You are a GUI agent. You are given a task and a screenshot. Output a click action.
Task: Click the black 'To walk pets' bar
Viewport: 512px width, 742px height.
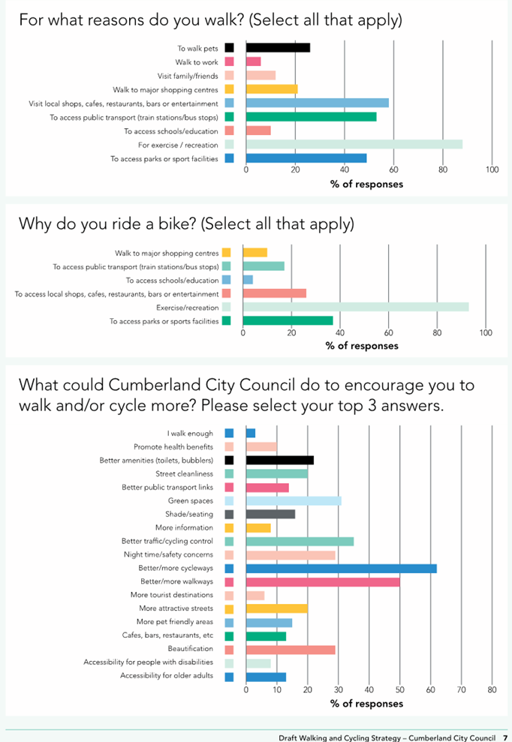point(278,48)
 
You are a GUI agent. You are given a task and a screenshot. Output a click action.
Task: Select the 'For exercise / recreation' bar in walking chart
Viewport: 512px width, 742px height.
point(354,144)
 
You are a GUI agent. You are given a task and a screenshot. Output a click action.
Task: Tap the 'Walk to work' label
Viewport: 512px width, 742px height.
point(197,62)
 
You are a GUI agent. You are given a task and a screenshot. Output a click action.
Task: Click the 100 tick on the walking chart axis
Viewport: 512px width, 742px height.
point(492,170)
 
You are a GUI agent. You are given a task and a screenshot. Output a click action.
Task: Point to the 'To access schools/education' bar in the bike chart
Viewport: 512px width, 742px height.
point(248,280)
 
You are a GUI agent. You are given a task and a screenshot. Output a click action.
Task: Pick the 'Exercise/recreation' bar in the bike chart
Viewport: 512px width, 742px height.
point(356,307)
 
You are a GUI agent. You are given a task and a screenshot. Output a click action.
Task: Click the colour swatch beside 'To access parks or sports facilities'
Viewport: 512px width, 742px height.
point(227,321)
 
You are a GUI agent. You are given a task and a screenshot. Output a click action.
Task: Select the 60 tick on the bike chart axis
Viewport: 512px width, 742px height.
point(388,332)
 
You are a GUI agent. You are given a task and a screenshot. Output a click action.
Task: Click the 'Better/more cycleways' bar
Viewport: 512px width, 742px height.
point(342,569)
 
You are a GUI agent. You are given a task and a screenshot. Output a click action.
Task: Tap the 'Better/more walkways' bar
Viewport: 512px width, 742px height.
point(323,581)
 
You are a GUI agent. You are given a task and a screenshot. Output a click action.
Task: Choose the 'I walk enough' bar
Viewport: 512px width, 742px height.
point(251,433)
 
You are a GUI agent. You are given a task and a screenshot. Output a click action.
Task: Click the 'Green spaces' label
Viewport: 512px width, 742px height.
point(191,500)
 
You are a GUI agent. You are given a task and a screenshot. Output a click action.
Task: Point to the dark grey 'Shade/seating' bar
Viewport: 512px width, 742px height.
point(270,515)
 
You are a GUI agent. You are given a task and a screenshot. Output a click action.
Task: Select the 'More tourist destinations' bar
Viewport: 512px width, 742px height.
point(255,595)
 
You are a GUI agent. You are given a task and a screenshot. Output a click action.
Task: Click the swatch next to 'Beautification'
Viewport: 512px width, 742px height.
point(229,650)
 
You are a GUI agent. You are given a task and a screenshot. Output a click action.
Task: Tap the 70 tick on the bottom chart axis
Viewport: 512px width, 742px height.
point(461,689)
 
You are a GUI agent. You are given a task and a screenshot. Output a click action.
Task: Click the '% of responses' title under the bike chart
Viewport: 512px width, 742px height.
point(362,346)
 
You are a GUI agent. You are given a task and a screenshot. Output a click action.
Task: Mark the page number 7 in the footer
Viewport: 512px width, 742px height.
point(505,737)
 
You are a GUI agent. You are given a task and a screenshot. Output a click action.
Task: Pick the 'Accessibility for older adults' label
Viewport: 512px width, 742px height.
point(167,676)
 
